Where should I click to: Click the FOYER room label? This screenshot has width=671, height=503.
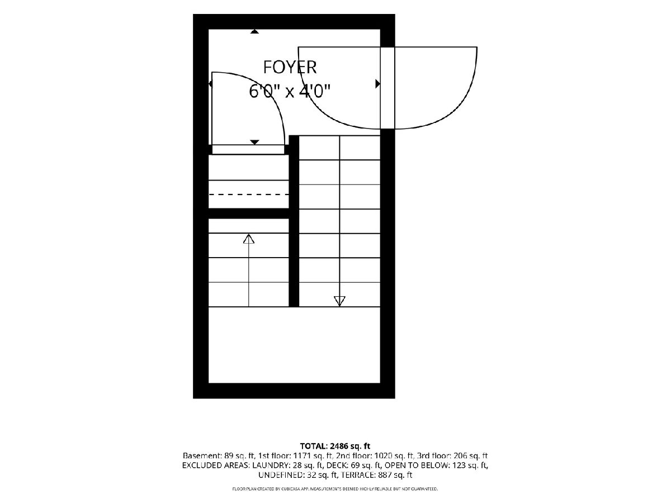(290, 67)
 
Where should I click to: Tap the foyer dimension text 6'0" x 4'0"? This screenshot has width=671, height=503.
(290, 91)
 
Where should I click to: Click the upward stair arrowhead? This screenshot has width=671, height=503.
(248, 239)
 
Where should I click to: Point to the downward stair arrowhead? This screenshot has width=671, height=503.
(339, 301)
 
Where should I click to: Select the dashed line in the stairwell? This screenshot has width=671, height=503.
(248, 194)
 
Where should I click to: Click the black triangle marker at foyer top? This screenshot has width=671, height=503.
(254, 31)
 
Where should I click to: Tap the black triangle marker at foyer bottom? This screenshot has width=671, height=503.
(254, 142)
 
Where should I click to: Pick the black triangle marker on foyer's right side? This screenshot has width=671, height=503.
(377, 83)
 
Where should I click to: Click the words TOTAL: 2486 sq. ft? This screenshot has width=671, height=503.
(335, 446)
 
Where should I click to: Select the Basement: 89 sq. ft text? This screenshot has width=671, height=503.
(218, 456)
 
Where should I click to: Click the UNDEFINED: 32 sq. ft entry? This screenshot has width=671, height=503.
(297, 475)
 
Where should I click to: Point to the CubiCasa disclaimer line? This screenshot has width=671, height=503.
(335, 489)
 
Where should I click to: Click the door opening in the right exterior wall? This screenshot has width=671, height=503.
(388, 88)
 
